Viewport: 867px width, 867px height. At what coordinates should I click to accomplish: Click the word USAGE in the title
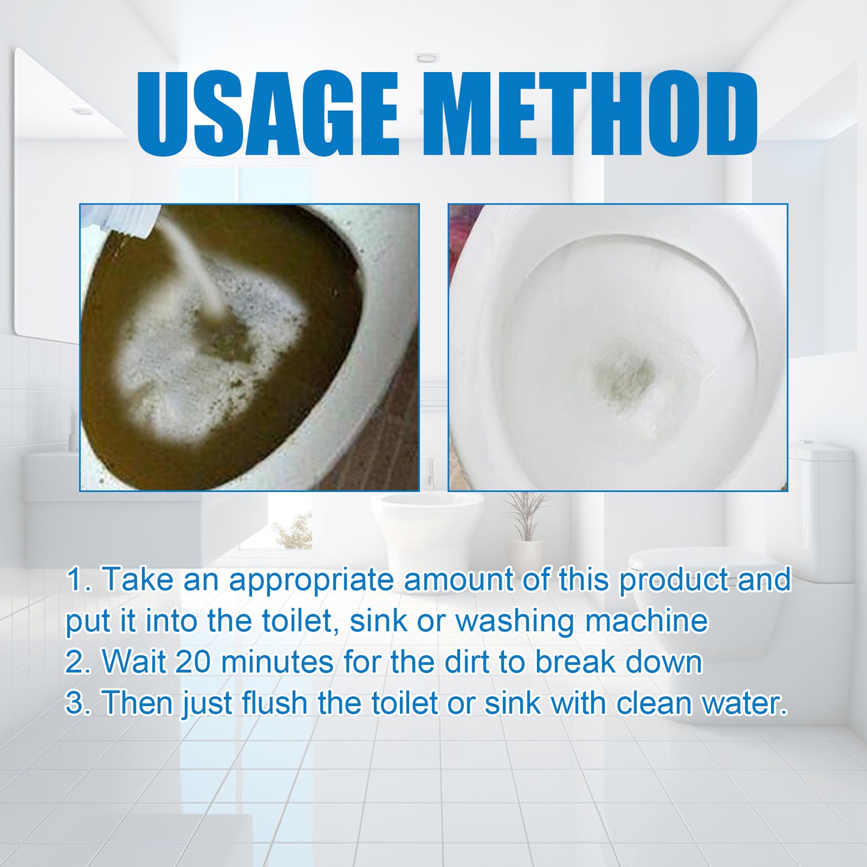click(268, 114)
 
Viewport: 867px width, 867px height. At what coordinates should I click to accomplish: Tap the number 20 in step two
click(193, 662)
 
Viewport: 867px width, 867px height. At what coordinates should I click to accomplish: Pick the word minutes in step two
click(277, 662)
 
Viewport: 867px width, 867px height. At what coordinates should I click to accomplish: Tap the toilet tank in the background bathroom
click(821, 510)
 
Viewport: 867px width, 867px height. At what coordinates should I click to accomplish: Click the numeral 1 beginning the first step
click(74, 581)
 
